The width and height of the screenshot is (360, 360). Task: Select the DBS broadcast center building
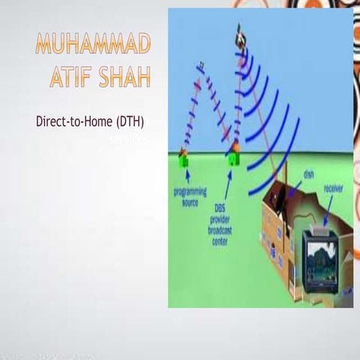tap(233, 157)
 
